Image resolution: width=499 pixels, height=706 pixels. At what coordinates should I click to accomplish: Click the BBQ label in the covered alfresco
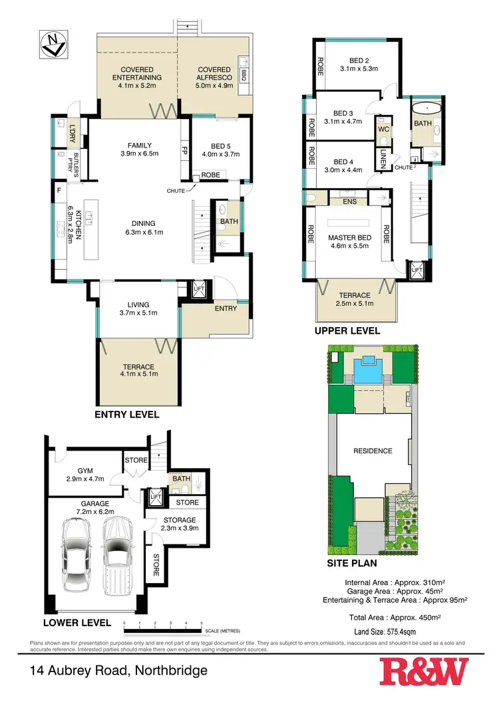[244, 74]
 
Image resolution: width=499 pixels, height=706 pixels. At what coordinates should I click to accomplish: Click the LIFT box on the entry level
[199, 289]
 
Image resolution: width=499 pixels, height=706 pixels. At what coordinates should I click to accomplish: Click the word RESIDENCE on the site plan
[373, 451]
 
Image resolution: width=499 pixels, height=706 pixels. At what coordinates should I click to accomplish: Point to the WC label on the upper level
[383, 129]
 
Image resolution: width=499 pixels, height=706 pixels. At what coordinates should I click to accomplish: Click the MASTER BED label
[345, 237]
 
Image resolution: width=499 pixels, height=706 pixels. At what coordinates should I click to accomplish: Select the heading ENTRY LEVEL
[127, 414]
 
